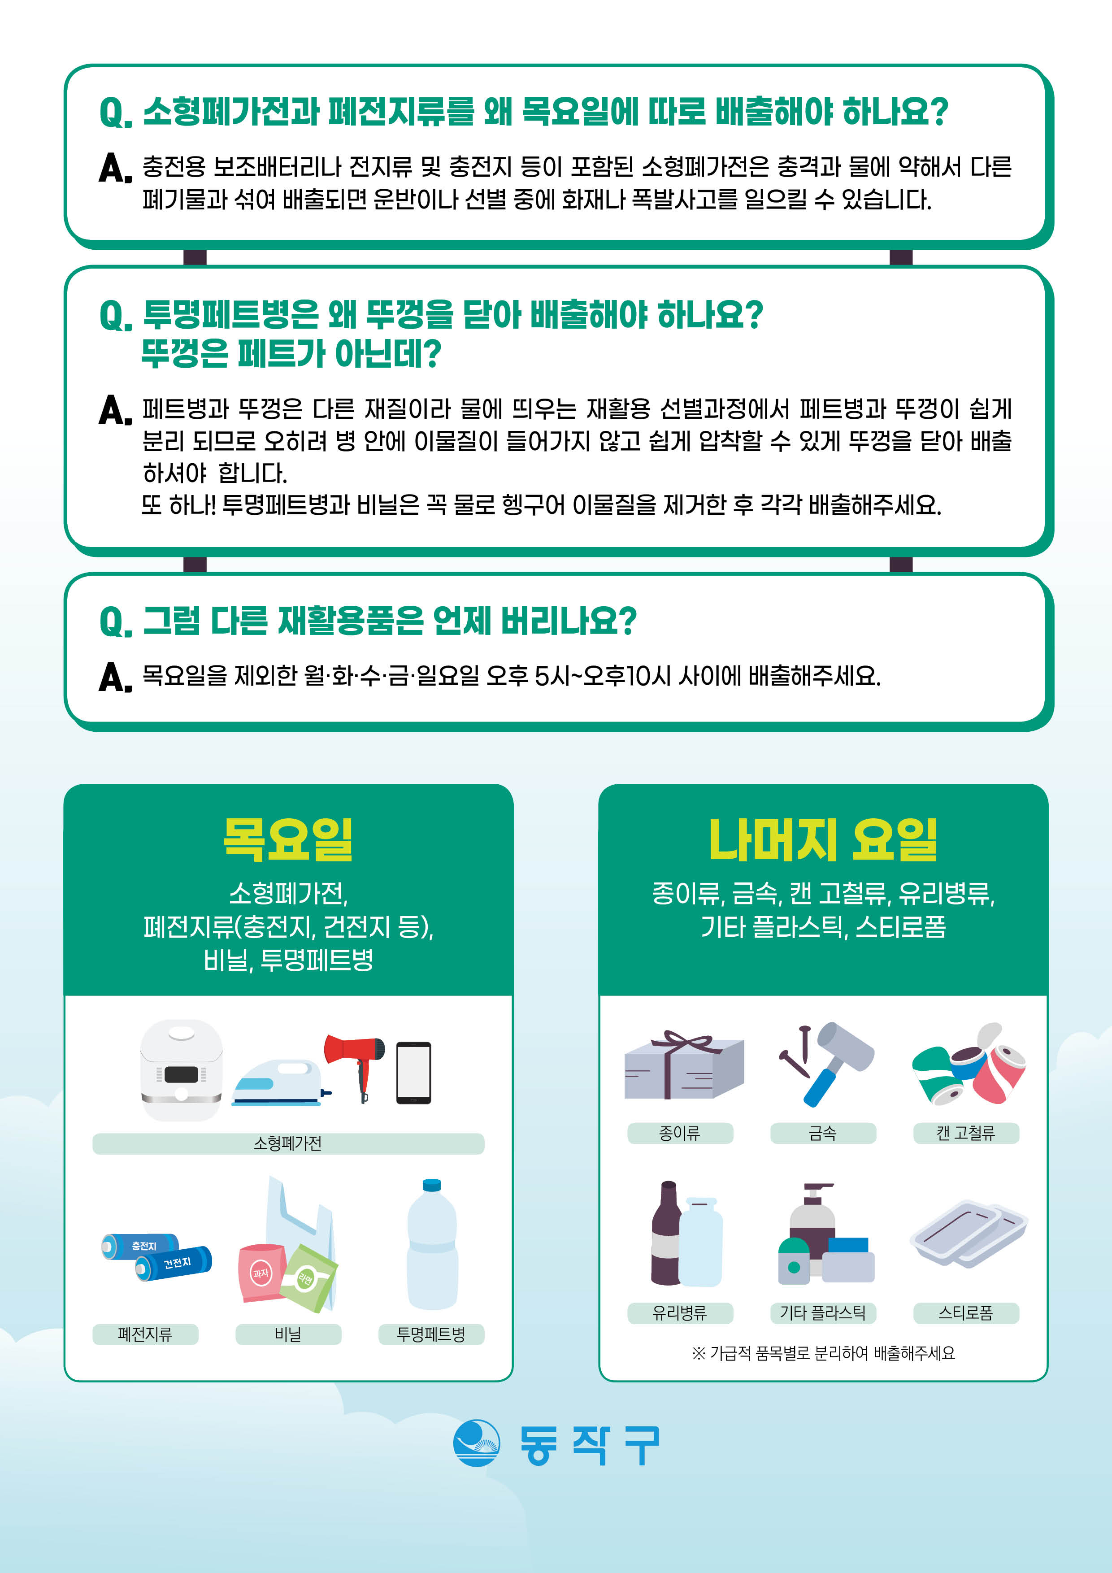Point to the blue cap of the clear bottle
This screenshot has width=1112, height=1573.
[432, 1185]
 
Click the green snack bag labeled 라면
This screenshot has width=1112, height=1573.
[308, 1278]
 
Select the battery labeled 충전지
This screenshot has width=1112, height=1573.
[140, 1246]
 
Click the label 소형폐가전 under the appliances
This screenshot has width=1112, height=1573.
[288, 1143]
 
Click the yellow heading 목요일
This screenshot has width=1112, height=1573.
[288, 839]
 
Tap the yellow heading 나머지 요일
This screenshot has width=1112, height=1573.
[823, 839]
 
